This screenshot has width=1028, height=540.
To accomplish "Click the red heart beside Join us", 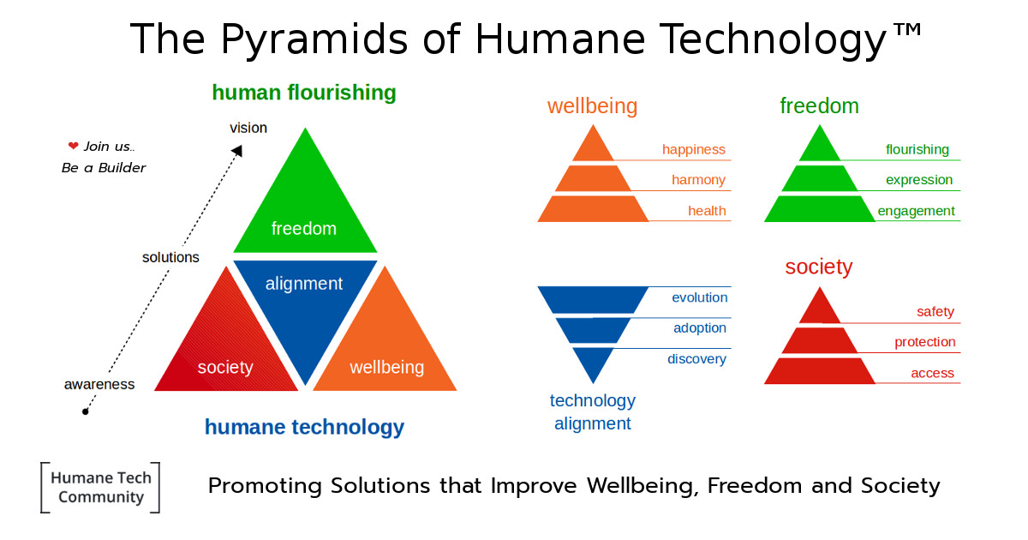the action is click(74, 146).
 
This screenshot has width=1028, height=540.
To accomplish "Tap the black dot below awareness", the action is click(86, 412).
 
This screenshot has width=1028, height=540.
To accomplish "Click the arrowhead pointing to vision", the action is click(238, 151).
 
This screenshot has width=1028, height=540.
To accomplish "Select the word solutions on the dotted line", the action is click(170, 258).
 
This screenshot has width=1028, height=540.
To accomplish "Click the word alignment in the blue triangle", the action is click(304, 284).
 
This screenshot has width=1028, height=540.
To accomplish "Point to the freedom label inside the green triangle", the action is click(304, 228).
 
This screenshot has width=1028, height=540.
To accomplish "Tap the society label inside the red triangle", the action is click(225, 368).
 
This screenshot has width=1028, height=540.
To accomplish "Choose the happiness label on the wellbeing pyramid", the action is click(693, 150).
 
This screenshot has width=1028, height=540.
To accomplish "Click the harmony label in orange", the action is click(698, 180).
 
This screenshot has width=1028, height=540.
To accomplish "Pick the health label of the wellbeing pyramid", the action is click(707, 211).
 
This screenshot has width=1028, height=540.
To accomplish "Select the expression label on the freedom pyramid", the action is click(919, 180).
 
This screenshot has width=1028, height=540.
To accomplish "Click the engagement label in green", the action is click(916, 211).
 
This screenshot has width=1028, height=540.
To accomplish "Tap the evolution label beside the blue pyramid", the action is click(699, 297).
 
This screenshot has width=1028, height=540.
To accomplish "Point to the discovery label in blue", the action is click(696, 358).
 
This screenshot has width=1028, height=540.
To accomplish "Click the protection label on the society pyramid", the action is click(924, 342).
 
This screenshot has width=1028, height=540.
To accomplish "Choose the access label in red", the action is click(932, 373).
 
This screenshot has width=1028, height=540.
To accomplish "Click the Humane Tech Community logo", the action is click(100, 487).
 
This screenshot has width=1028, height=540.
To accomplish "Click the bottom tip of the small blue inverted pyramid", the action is click(593, 383).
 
